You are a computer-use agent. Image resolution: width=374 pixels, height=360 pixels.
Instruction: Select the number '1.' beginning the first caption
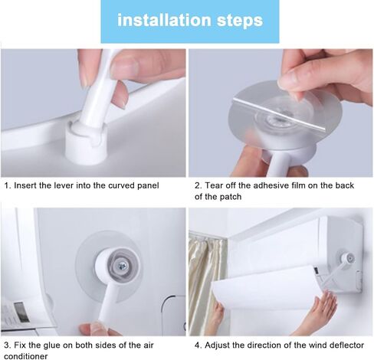[x=8, y=185]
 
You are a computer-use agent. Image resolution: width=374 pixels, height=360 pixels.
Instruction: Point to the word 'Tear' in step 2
[x=214, y=185]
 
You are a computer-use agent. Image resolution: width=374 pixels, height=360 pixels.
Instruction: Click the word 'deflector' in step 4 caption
[x=346, y=344]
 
